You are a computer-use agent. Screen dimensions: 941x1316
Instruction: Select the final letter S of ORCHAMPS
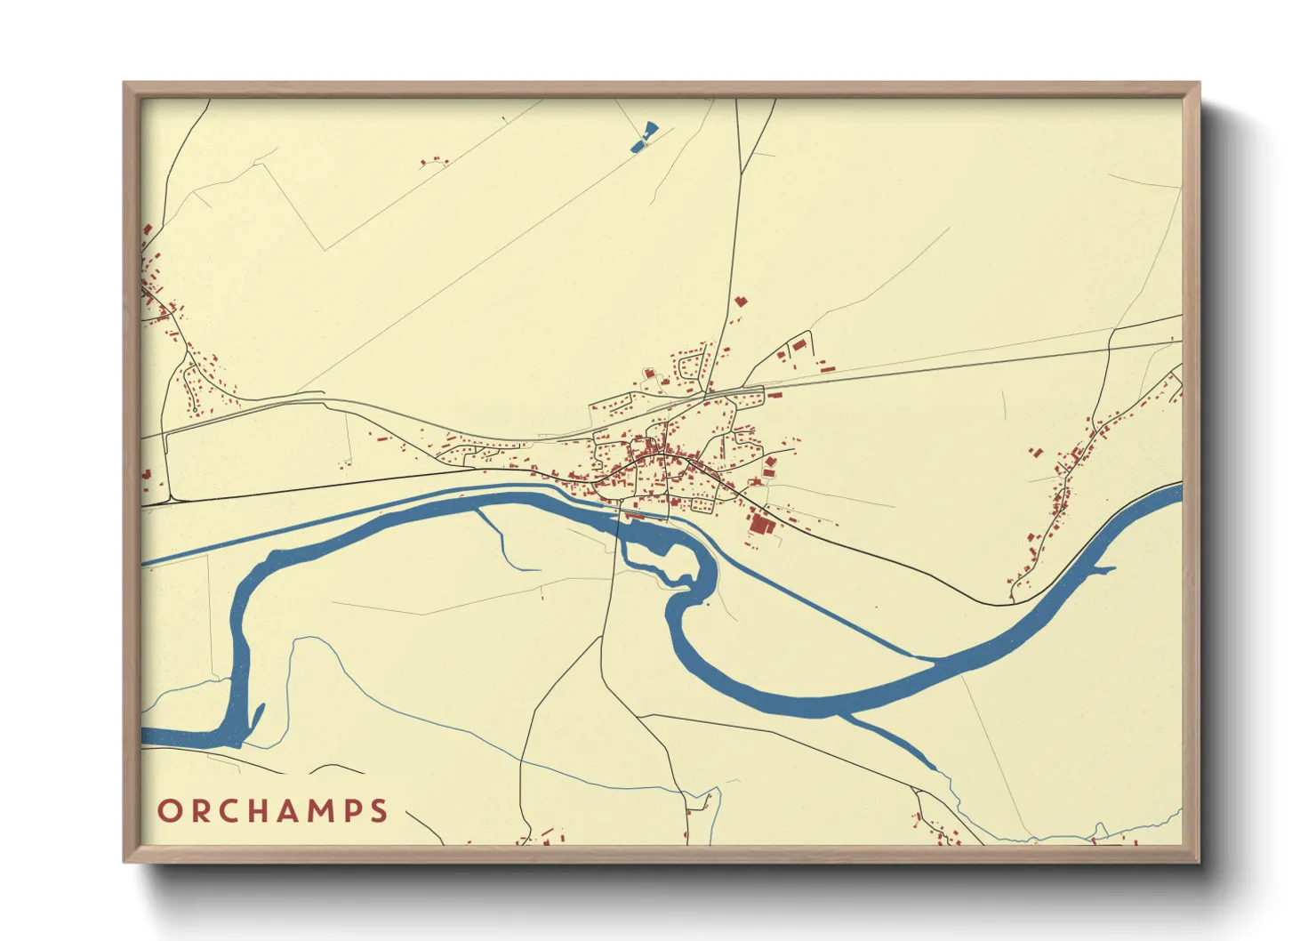[379, 811]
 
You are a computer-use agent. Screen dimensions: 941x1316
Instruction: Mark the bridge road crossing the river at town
[619, 525]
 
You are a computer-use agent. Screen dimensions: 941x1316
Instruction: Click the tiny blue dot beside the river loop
[706, 604]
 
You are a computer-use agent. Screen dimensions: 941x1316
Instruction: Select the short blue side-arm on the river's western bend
[258, 716]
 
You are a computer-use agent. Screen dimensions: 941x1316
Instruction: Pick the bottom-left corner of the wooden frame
[125, 860]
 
